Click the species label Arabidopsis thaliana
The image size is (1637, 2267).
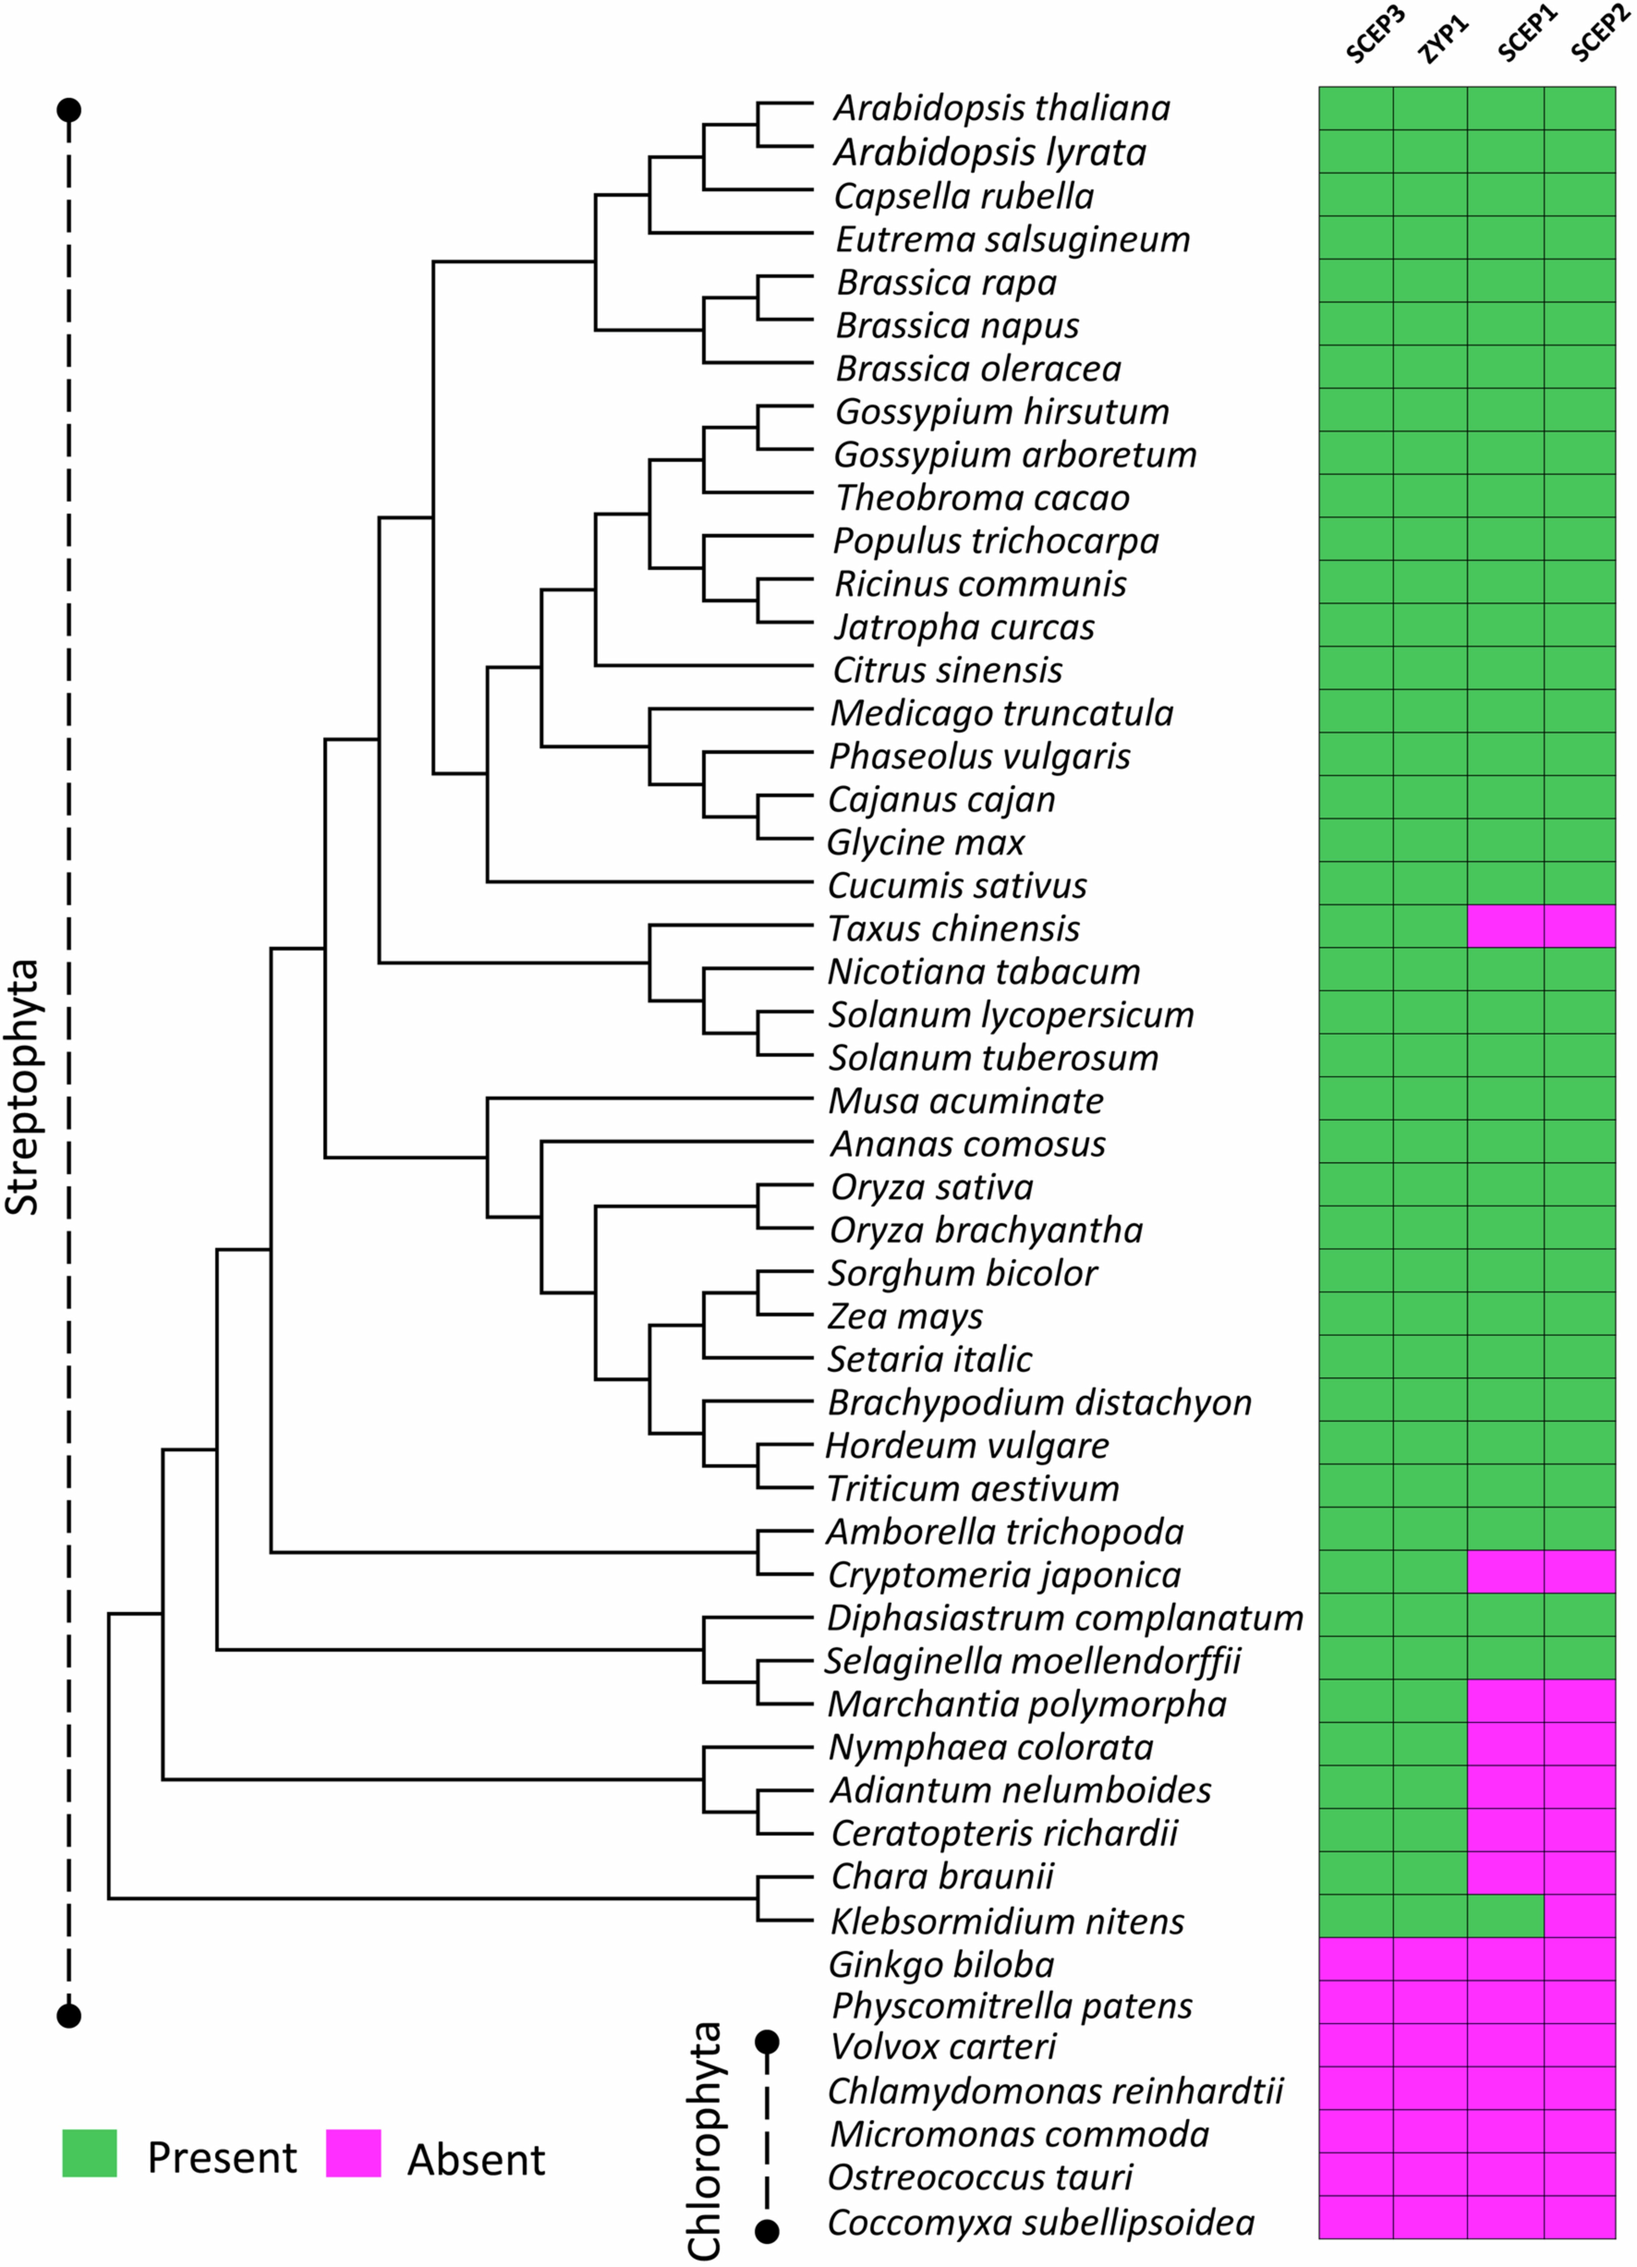click(1001, 108)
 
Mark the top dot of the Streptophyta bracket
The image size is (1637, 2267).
click(68, 109)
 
